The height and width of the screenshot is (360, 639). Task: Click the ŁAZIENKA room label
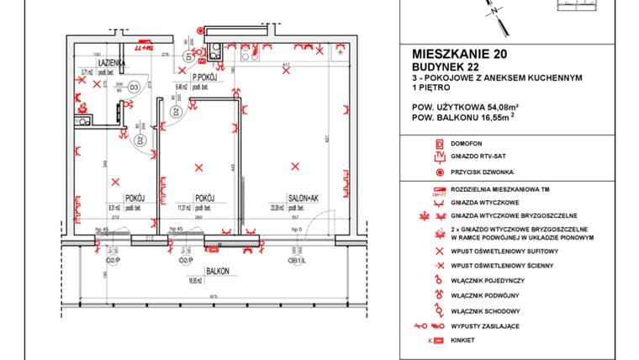click(111, 63)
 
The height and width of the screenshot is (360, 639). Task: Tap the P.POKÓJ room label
click(205, 78)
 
